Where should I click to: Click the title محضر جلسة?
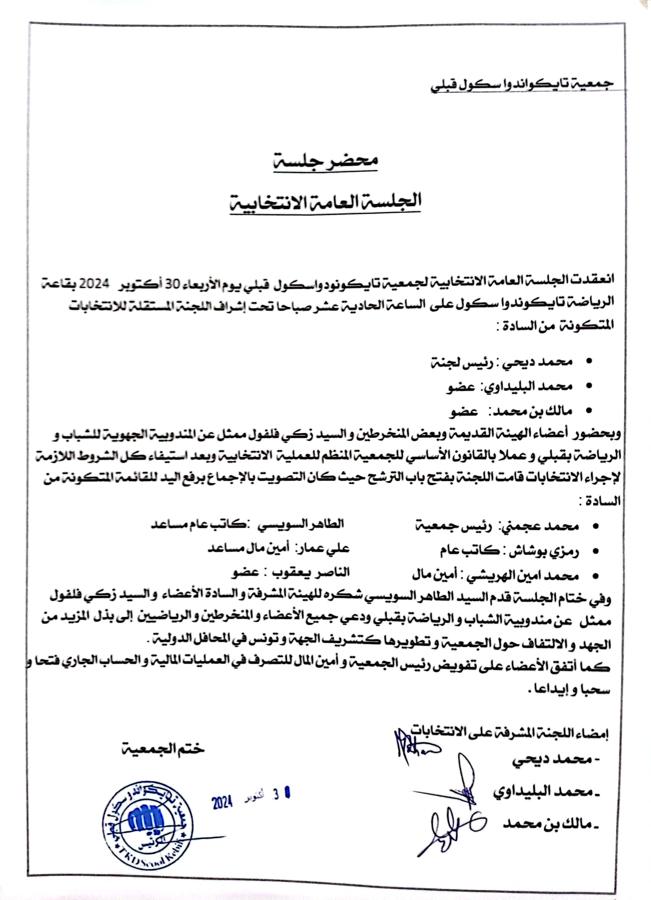click(325, 160)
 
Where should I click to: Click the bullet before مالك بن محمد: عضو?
click(589, 411)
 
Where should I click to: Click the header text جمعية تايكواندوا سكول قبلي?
click(522, 85)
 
